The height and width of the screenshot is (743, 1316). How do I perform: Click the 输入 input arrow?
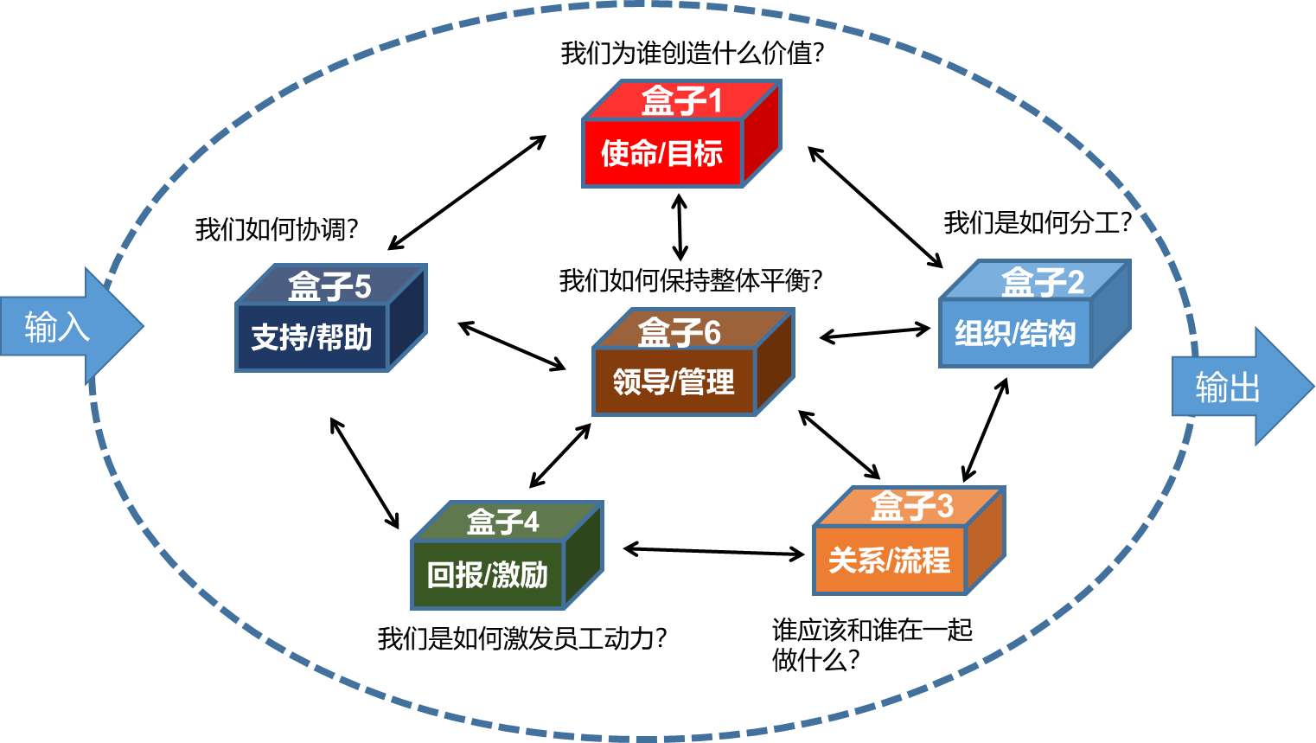pos(65,326)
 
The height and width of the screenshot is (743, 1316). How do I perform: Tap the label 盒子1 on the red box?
pos(681,101)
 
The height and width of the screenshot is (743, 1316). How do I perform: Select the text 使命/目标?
pos(661,154)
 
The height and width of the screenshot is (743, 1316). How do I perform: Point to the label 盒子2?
pos(1042,282)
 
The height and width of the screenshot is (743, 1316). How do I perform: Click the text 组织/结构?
pos(1015,334)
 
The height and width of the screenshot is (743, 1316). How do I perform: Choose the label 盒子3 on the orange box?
pos(911,506)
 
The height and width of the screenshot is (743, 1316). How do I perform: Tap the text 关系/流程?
pos(889,560)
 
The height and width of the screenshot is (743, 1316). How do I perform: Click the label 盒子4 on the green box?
pos(502,522)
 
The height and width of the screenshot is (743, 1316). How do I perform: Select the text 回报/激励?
pos(487,575)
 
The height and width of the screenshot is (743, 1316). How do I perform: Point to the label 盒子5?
pos(329,286)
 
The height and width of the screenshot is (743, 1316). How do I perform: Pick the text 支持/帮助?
pos(311,337)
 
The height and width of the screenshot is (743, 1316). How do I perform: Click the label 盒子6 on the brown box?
pos(679,332)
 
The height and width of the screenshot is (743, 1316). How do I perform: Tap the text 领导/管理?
pos(674,381)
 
